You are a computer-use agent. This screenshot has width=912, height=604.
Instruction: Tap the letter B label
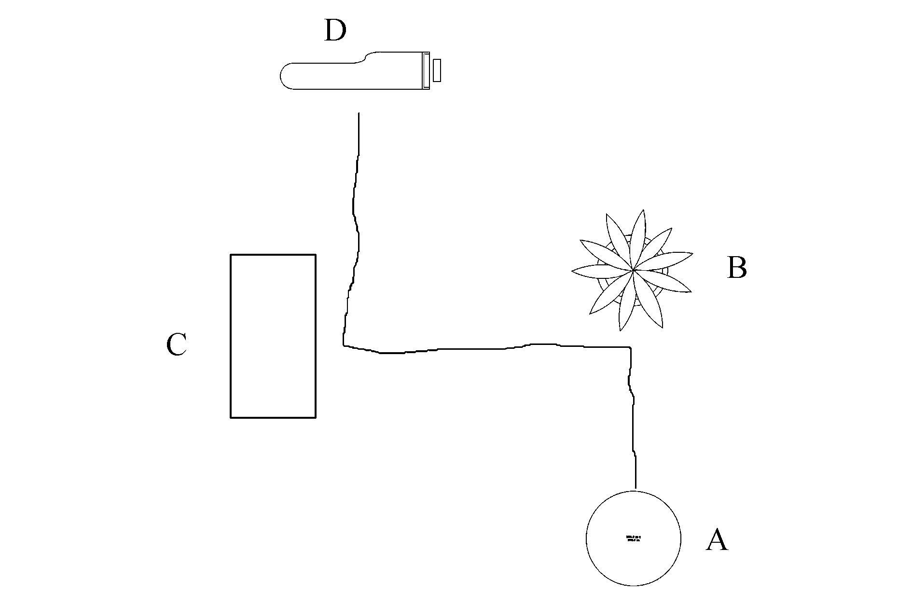coord(737,267)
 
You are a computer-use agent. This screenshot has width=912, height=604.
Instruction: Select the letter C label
coord(176,345)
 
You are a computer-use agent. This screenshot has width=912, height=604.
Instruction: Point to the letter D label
coord(335,31)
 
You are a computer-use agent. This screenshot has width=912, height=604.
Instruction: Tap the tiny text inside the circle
coord(634,538)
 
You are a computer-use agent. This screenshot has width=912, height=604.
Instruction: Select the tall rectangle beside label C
coord(273,336)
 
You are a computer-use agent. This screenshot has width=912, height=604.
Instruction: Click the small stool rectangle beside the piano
coord(437,70)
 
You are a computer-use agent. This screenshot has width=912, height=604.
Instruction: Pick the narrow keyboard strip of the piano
coord(426,70)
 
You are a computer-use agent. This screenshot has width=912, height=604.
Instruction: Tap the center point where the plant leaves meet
coord(633,271)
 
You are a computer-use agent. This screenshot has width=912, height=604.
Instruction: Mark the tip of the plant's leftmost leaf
coord(572,271)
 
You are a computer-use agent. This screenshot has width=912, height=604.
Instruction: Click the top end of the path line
coord(359,114)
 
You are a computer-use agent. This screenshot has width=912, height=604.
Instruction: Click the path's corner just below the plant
coord(630,347)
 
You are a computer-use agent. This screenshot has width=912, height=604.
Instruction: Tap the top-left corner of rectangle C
coord(231,255)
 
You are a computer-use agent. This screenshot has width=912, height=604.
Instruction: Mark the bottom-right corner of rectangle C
coord(316,417)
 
